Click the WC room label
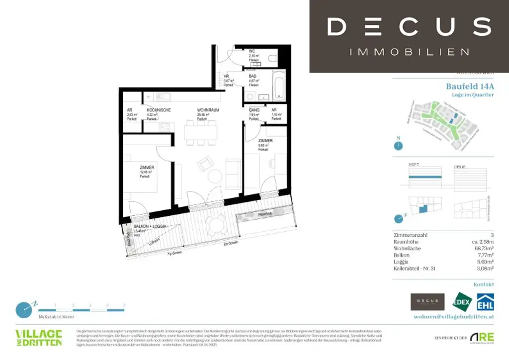tap(252, 51)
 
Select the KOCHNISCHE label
tap(159, 110)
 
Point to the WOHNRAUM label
tap(208, 110)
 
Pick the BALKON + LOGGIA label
tap(150, 226)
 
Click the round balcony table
tap(217, 225)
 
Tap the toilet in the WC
tap(272, 59)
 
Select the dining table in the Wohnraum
tap(201, 132)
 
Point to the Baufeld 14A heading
tap(470, 86)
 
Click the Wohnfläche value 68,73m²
tap(483, 248)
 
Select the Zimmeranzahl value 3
tap(492, 235)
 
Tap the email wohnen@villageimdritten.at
tap(453, 316)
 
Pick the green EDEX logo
tap(461, 302)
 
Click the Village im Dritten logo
tap(39, 337)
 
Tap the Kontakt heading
tap(484, 284)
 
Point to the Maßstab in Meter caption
tap(56, 316)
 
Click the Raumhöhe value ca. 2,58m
tap(482, 241)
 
